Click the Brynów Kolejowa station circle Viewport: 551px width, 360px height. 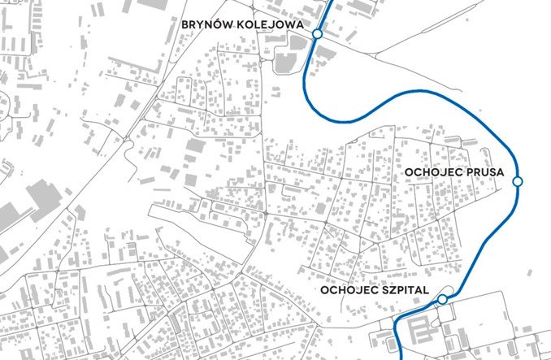[317, 35]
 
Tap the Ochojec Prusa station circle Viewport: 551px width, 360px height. [518, 180]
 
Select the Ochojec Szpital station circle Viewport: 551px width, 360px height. [442, 300]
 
